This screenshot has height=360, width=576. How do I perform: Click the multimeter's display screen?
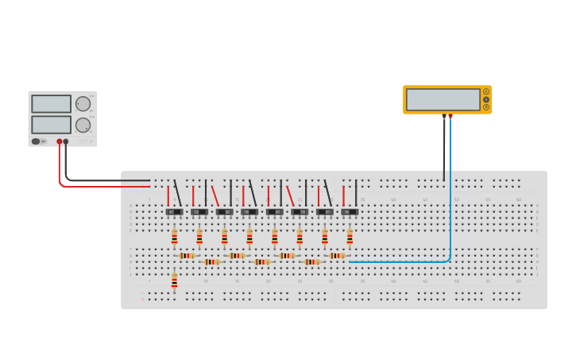[x=443, y=99]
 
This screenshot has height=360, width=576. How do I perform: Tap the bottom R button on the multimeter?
[x=486, y=107]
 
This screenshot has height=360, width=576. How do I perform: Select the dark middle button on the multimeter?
[x=486, y=99]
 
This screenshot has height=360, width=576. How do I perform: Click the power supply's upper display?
[x=51, y=104]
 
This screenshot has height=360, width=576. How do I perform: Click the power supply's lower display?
[x=51, y=125]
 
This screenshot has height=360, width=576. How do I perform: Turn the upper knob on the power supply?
[x=83, y=104]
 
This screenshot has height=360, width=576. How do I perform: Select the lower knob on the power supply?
[x=83, y=125]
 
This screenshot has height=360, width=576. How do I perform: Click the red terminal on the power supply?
[x=59, y=141]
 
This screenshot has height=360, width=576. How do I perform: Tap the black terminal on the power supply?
[x=66, y=141]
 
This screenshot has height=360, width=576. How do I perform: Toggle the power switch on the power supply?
[x=36, y=141]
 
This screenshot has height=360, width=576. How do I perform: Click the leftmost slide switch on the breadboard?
[x=174, y=212]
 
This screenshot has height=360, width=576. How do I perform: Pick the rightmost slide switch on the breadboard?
[x=350, y=212]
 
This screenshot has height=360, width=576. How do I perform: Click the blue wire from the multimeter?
[x=450, y=199]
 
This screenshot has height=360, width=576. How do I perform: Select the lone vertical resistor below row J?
[x=174, y=281]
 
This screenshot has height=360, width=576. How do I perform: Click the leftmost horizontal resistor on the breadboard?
[x=187, y=256]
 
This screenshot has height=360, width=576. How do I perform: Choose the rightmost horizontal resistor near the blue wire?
[x=337, y=256]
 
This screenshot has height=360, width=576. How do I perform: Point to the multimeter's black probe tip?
[x=444, y=117]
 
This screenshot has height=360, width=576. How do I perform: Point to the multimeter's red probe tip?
[x=450, y=117]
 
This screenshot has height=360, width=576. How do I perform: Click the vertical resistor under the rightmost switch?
[x=350, y=237]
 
